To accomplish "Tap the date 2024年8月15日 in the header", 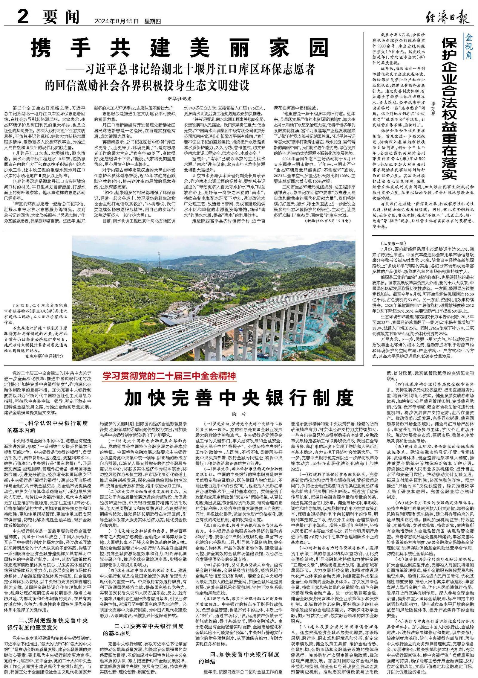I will [x=117, y=22].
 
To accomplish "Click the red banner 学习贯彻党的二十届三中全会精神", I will [x=169, y=376].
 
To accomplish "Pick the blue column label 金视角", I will [x=468, y=46].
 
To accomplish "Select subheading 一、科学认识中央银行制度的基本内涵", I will [x=48, y=426].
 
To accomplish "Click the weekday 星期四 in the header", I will [x=153, y=22].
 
